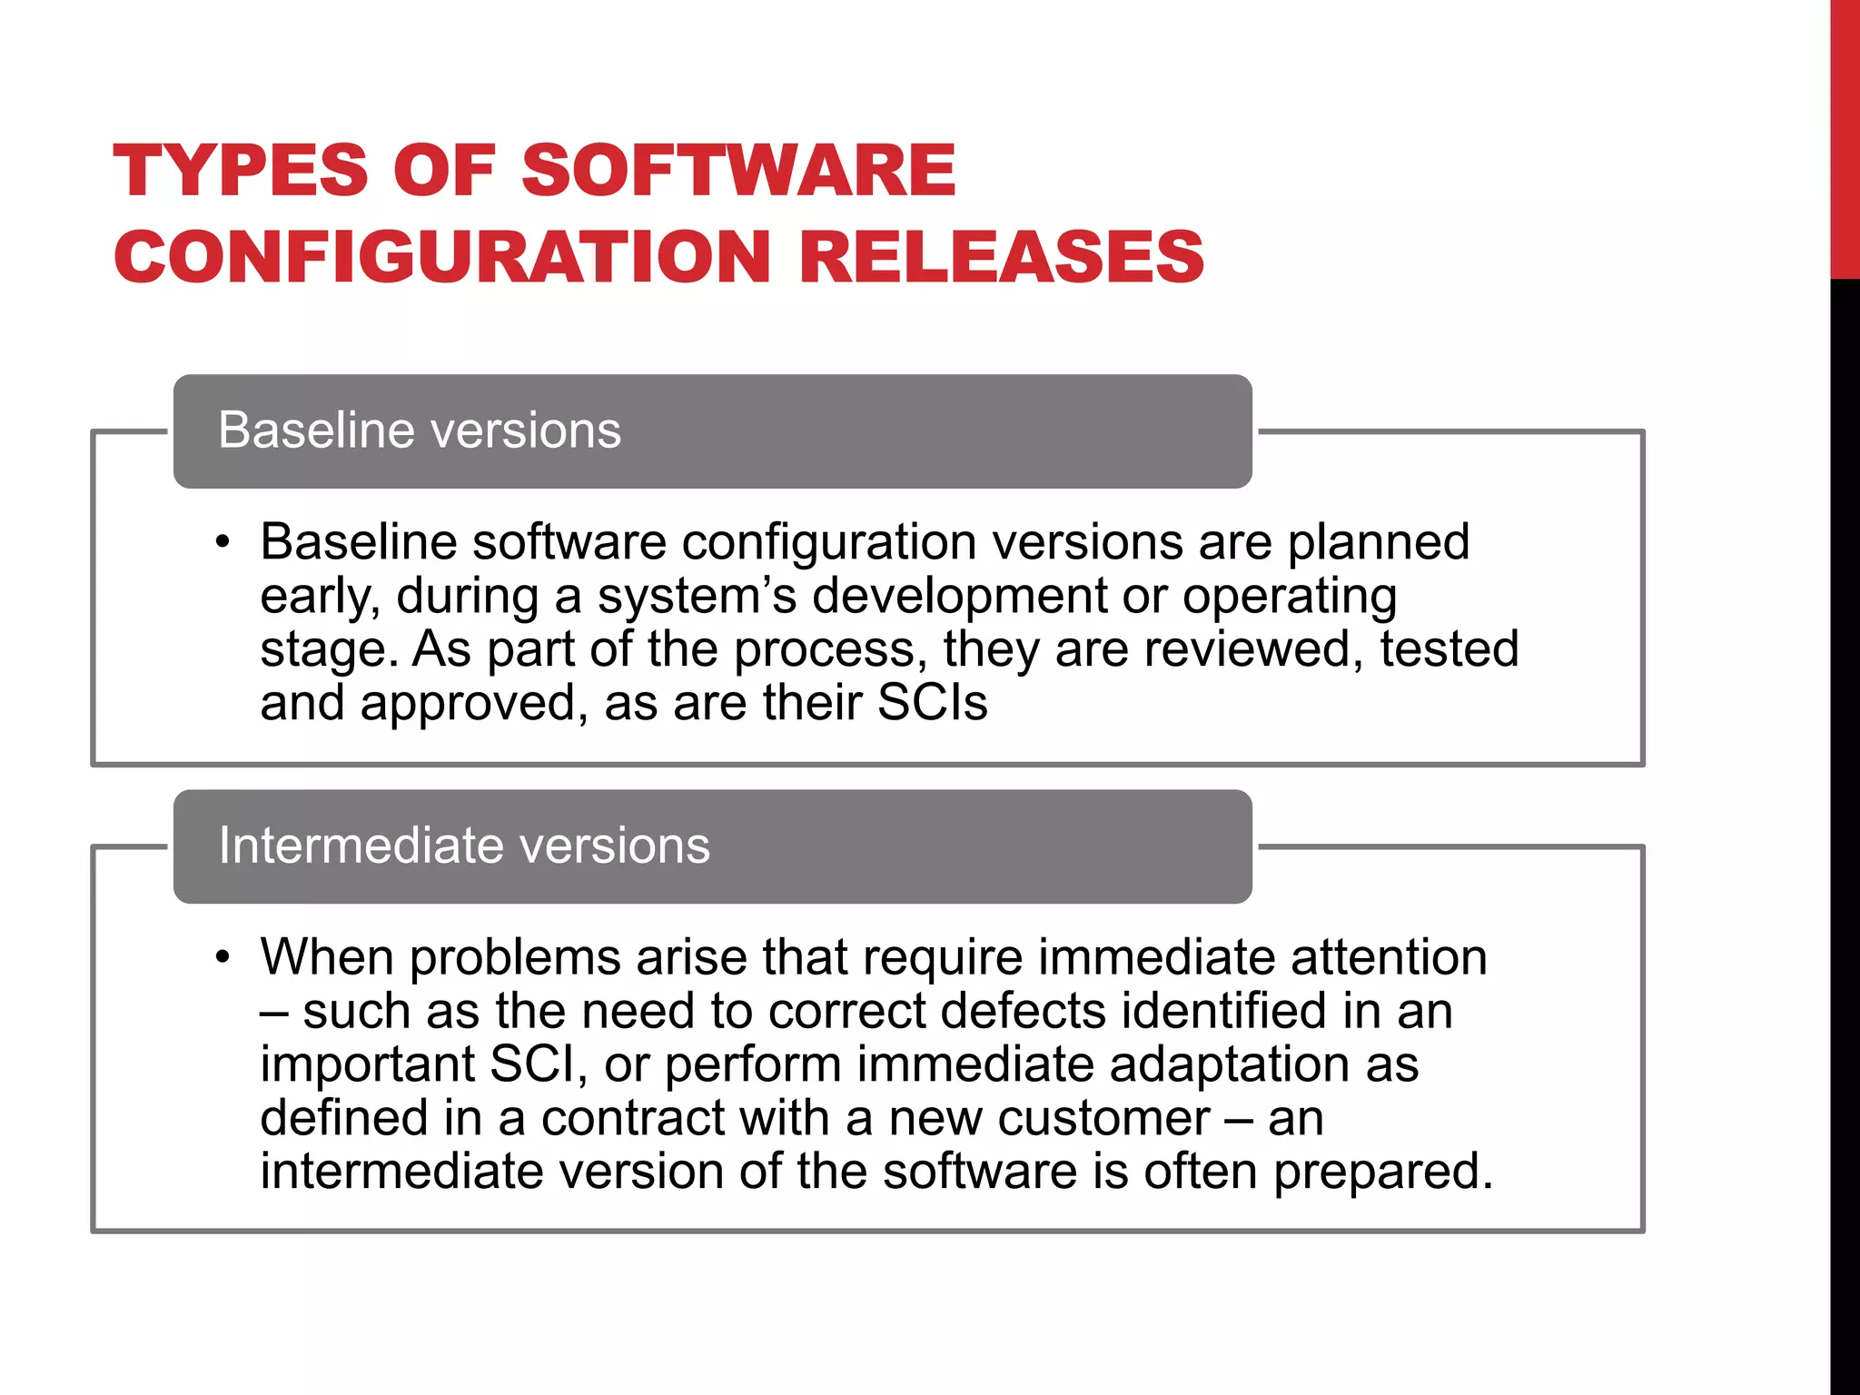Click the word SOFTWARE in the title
(737, 171)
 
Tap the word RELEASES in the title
(1001, 257)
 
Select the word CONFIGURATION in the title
(442, 257)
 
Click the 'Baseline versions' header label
(420, 430)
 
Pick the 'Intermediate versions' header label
(464, 846)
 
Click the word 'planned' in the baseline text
(1378, 543)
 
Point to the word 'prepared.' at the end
(1382, 1172)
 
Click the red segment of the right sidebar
(1845, 136)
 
